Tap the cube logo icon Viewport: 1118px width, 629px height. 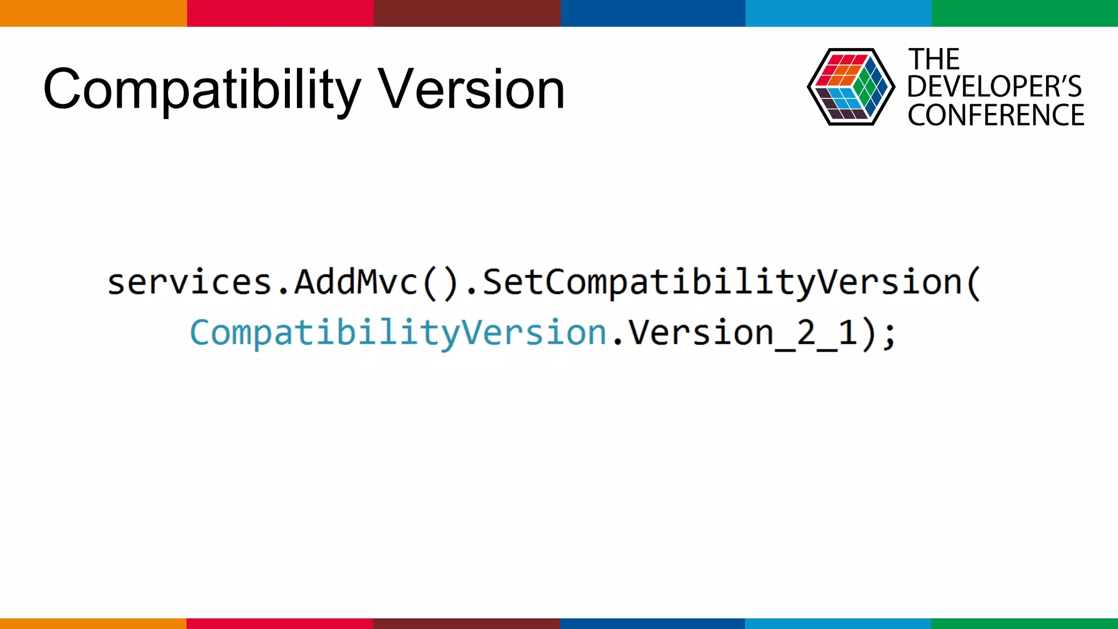(x=851, y=87)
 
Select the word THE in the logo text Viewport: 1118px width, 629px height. (x=933, y=60)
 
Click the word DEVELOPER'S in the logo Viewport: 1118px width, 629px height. (x=994, y=87)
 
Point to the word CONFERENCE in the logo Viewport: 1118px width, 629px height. (x=996, y=115)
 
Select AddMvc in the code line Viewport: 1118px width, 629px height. (x=356, y=282)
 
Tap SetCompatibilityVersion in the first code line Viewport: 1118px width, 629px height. (x=722, y=282)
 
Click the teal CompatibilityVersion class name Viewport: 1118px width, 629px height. (x=398, y=333)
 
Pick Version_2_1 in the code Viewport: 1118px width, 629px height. (x=742, y=333)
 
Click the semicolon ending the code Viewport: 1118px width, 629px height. (x=889, y=334)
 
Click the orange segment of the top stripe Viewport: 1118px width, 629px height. (x=93, y=13)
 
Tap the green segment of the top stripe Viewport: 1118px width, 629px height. (x=1025, y=13)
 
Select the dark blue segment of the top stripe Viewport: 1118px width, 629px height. (x=653, y=13)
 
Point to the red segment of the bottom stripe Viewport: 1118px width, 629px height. (x=279, y=623)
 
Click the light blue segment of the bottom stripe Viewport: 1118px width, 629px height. (x=838, y=623)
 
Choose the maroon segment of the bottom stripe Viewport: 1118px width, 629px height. (x=466, y=623)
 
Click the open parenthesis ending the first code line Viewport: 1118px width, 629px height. (x=974, y=283)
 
